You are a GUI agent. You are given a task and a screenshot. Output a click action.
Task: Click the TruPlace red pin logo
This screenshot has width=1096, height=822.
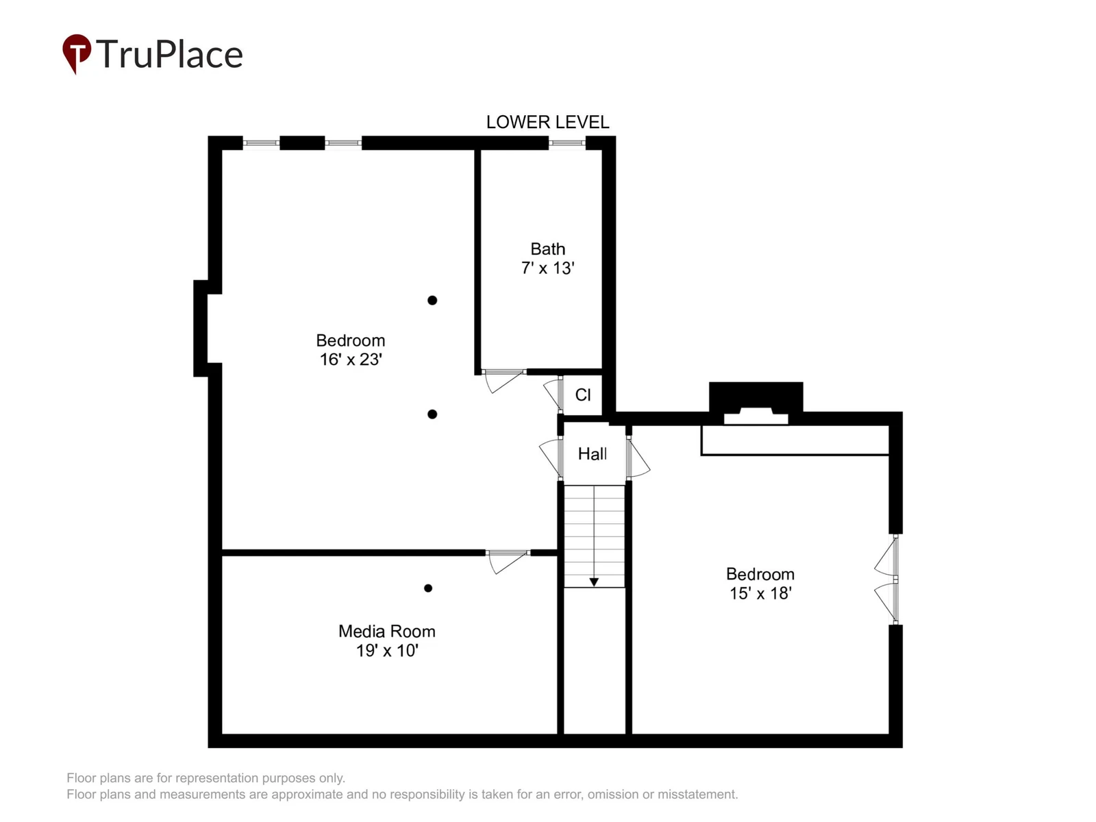click(x=77, y=53)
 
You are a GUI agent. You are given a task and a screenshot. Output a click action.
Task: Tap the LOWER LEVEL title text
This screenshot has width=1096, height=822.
click(x=547, y=123)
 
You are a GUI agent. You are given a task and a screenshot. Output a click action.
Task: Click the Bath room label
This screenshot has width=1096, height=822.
click(x=548, y=249)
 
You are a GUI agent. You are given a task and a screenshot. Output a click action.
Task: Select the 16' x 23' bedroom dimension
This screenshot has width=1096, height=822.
click(x=351, y=360)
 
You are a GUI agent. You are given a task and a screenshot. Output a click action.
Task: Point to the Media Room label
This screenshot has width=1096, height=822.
click(x=387, y=632)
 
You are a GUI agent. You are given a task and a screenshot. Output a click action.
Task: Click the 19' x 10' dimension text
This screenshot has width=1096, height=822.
click(x=387, y=650)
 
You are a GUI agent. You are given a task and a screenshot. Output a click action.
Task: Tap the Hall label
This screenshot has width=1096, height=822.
click(x=593, y=453)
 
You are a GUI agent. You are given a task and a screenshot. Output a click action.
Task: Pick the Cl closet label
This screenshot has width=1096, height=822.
click(x=583, y=395)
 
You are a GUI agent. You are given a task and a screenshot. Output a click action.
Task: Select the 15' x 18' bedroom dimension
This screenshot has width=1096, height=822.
click(x=760, y=593)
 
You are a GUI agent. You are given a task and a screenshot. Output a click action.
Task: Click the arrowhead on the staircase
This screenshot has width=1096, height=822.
click(x=594, y=582)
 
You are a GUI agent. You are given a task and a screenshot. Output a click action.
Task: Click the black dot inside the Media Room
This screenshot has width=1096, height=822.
click(x=428, y=588)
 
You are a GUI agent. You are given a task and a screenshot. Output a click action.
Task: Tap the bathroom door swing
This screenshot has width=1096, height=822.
click(x=503, y=380)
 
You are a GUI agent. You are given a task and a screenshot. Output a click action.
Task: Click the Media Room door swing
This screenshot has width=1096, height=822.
click(x=507, y=561)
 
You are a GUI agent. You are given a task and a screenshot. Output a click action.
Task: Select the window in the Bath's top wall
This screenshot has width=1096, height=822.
click(x=566, y=143)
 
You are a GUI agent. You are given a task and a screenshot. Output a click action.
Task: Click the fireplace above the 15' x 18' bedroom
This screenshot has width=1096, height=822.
click(x=756, y=403)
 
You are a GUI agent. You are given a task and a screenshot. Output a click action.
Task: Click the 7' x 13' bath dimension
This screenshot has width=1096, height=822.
click(x=548, y=268)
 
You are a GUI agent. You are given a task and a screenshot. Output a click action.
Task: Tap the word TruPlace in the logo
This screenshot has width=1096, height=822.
click(x=169, y=54)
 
